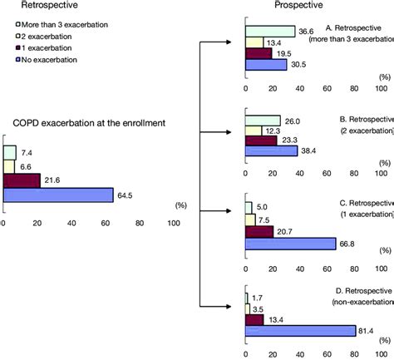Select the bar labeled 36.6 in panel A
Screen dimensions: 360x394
point(270,32)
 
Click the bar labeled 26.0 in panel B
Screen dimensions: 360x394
point(262,121)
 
